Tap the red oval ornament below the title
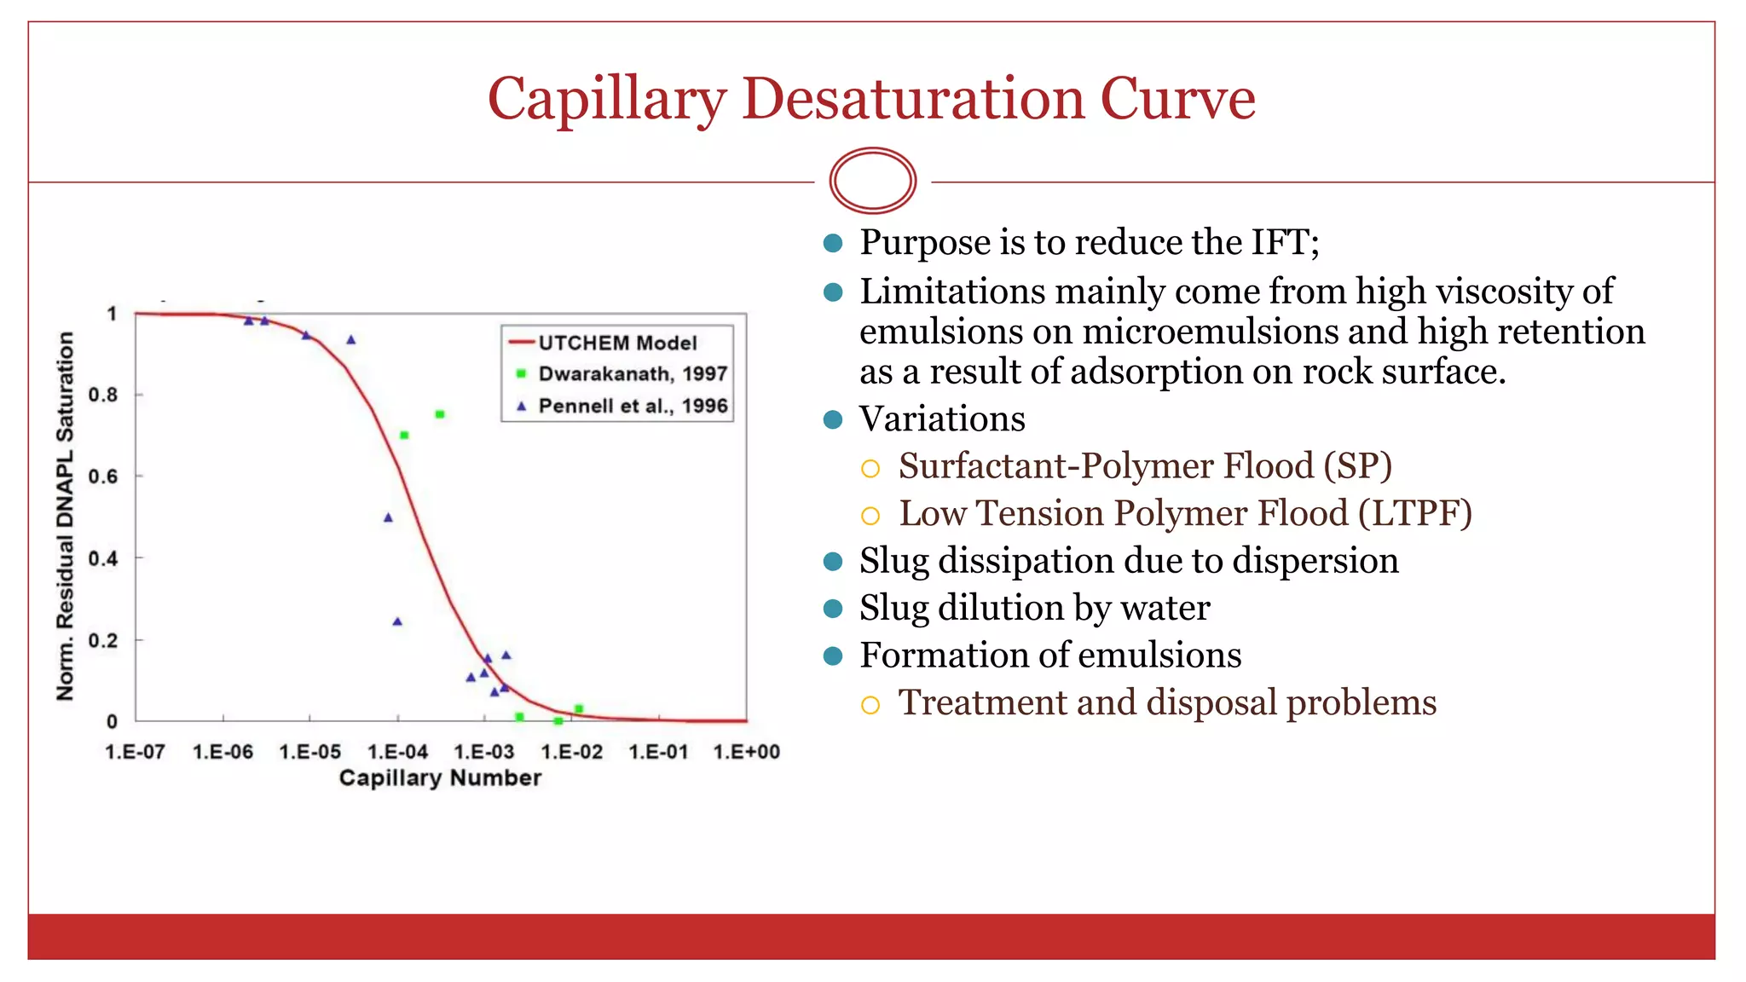872,181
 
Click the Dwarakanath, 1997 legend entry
632,374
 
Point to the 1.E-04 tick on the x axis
397,752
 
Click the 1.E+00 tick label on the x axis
746,752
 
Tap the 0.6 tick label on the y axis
103,477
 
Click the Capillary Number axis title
440,777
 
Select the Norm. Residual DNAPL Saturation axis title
66,516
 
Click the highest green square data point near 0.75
440,414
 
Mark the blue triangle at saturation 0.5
388,517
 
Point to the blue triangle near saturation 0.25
397,621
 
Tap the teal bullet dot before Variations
833,419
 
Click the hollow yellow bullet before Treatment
870,705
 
